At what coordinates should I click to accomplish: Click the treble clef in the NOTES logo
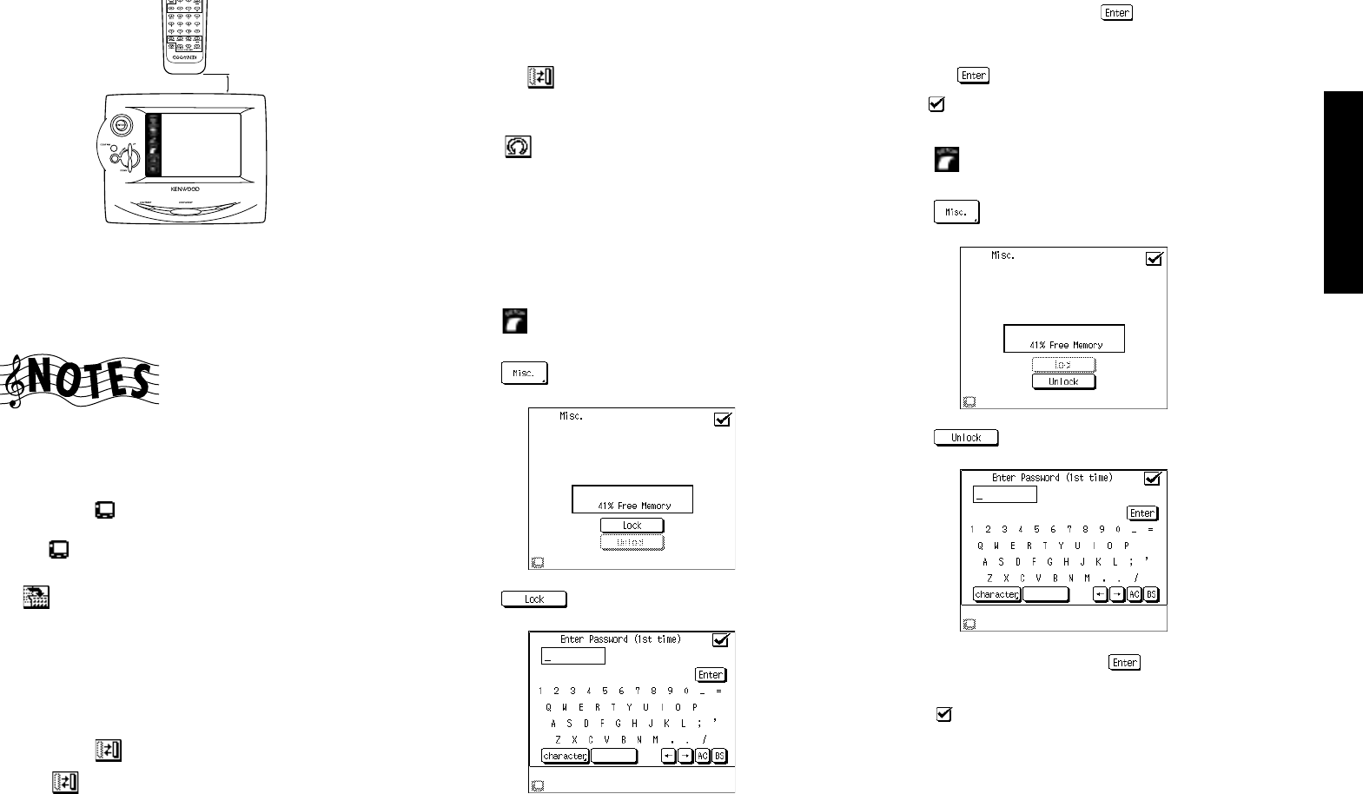tap(15, 381)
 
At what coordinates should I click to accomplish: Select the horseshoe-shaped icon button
tap(518, 147)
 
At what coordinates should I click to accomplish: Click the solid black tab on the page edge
tap(1343, 192)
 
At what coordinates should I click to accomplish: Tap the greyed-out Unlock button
tap(632, 543)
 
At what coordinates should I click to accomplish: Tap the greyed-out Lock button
tap(1063, 365)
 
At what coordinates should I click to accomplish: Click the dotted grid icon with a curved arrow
tap(36, 596)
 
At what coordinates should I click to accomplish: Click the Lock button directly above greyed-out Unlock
tap(632, 526)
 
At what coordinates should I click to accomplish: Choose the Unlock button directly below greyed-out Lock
tap(1063, 382)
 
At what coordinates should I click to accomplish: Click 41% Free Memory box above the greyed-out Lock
tap(1063, 339)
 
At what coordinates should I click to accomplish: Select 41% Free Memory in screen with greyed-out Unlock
tap(632, 500)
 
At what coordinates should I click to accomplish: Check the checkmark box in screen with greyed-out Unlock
tap(722, 420)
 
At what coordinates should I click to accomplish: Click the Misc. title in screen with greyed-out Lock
tap(1002, 255)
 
